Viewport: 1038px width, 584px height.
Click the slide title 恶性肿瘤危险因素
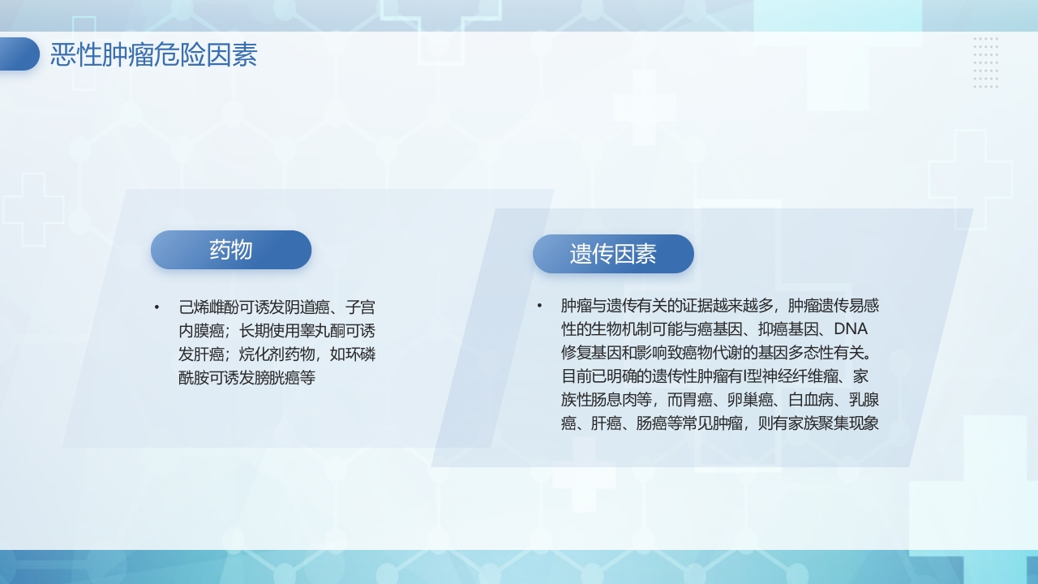pos(153,55)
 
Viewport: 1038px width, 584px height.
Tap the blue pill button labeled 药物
pos(231,250)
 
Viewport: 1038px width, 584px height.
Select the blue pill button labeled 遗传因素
pos(613,254)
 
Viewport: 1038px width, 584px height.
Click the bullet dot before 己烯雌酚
pos(157,307)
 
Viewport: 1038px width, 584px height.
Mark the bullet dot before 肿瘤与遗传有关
pos(538,306)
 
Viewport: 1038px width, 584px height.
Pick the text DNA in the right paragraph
pos(851,329)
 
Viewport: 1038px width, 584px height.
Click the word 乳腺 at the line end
pos(864,400)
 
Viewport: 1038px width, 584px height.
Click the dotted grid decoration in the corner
pos(985,62)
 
